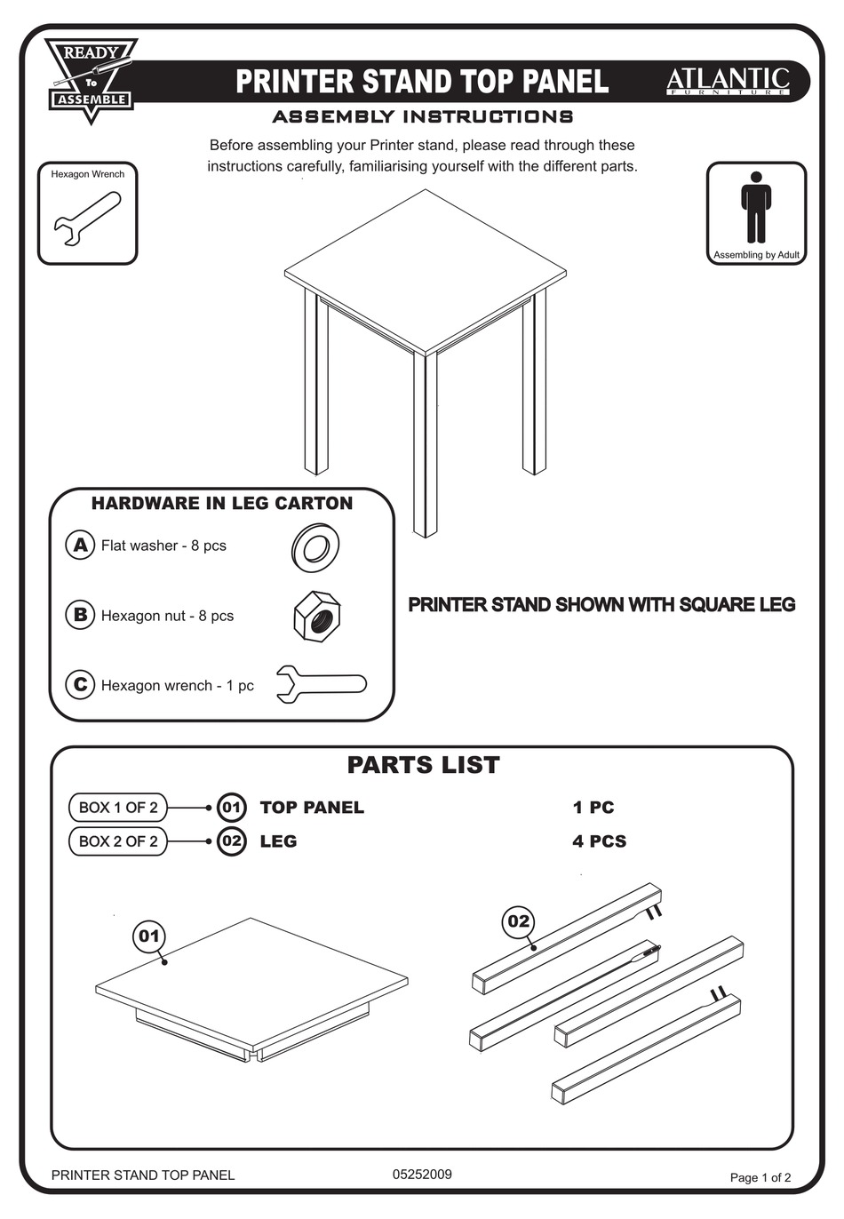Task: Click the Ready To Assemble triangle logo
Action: pyautogui.click(x=92, y=78)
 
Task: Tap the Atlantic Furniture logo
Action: pyautogui.click(x=728, y=82)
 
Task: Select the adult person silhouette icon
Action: pyautogui.click(x=756, y=206)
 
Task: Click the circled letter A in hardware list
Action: pyautogui.click(x=80, y=545)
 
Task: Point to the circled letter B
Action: pyautogui.click(x=80, y=615)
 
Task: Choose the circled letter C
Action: pyautogui.click(x=80, y=684)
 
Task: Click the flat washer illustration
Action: pyautogui.click(x=315, y=547)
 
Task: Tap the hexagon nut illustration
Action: pyautogui.click(x=318, y=616)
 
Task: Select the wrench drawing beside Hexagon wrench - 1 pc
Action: pyautogui.click(x=321, y=684)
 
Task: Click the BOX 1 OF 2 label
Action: pyautogui.click(x=118, y=808)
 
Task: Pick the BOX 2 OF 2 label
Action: pyautogui.click(x=118, y=841)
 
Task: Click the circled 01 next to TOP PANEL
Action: pyautogui.click(x=231, y=808)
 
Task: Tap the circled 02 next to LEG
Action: pyautogui.click(x=231, y=841)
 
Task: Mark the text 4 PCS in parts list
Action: pyautogui.click(x=599, y=841)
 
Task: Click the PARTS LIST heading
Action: pyautogui.click(x=423, y=765)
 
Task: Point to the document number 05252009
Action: pyautogui.click(x=422, y=1174)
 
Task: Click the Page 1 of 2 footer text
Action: pyautogui.click(x=760, y=1177)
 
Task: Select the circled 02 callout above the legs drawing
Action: pyautogui.click(x=518, y=921)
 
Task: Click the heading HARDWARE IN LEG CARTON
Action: pyautogui.click(x=222, y=504)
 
